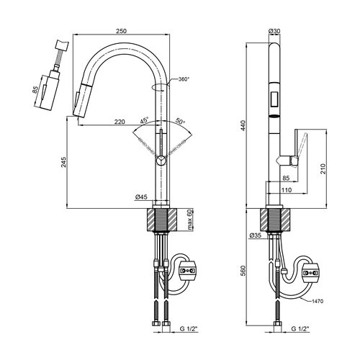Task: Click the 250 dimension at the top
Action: tap(121, 31)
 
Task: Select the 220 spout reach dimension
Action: tap(120, 122)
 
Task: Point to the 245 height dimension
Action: tap(63, 162)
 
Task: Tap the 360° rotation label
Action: tap(184, 78)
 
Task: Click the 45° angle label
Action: tap(145, 120)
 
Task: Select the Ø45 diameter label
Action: tap(141, 197)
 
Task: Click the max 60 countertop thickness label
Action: tap(190, 220)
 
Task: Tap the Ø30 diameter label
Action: tap(274, 31)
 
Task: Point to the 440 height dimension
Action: tap(243, 125)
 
